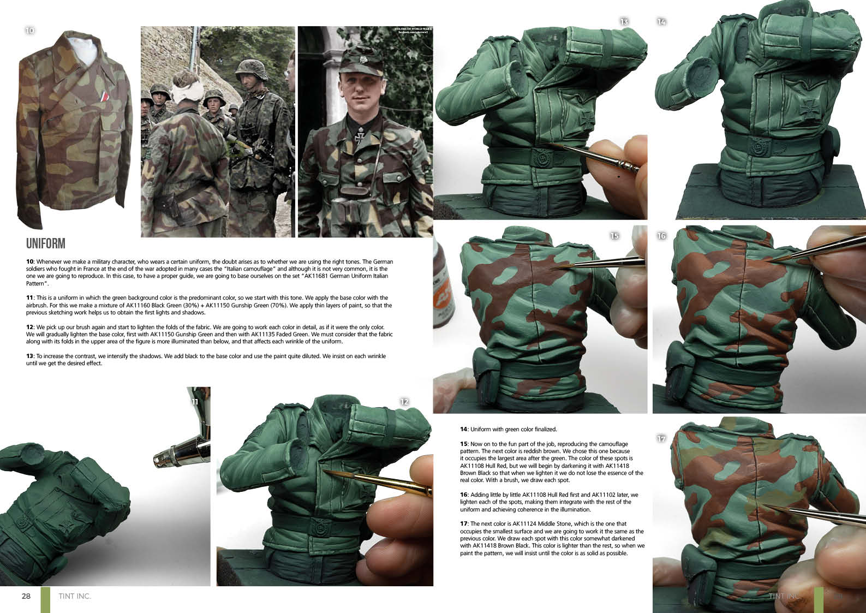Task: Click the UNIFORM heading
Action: [46, 243]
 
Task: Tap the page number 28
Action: [26, 596]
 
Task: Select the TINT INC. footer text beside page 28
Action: [75, 596]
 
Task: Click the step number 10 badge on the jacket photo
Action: [30, 31]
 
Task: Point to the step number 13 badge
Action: [624, 22]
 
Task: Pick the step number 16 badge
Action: [661, 235]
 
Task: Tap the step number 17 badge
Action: [661, 438]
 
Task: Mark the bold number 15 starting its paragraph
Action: [463, 444]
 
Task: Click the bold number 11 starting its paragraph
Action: [30, 298]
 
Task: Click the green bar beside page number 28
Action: [45, 600]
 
